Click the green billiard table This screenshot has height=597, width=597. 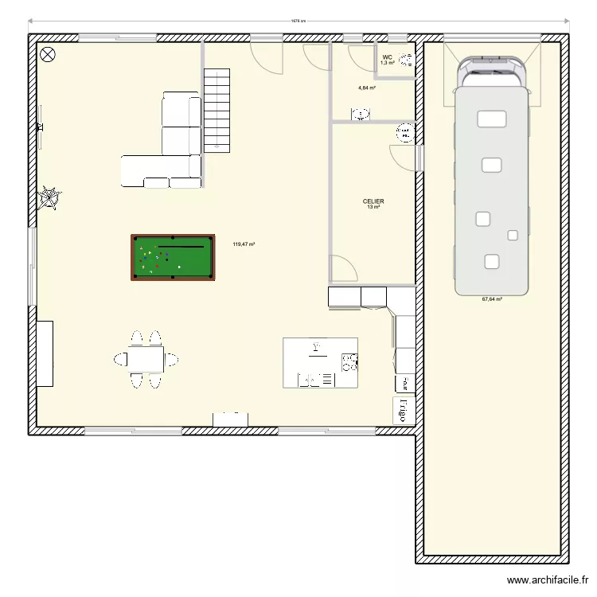coord(173,257)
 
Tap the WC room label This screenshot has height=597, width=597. coord(387,57)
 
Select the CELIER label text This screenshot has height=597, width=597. coord(373,202)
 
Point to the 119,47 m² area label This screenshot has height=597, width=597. coord(244,245)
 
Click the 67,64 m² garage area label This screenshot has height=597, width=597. coord(492,300)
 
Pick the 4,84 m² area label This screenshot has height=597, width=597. coord(366,88)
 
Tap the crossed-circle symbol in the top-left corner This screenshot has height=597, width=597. coord(48,54)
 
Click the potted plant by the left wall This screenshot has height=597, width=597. coord(50,197)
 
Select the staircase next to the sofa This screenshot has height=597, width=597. coord(217,109)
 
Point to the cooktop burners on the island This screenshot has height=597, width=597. coord(349,363)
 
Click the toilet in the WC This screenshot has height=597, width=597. coord(407,59)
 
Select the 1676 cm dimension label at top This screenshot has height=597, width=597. coord(298,21)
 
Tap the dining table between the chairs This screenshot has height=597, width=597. coord(146,359)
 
